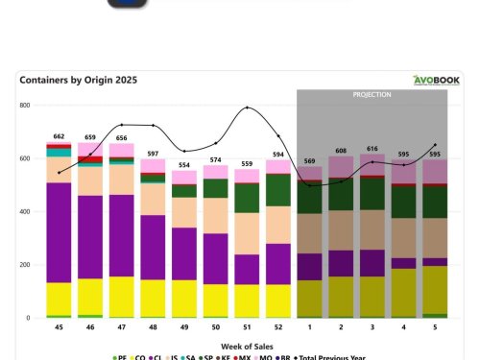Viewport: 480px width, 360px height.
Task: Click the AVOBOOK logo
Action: click(x=437, y=81)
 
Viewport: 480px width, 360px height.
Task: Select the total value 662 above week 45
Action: click(x=59, y=136)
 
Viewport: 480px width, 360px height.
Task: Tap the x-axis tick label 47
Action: click(x=121, y=328)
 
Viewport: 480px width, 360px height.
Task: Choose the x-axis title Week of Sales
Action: click(x=248, y=345)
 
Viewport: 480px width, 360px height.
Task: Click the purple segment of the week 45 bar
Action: click(x=59, y=231)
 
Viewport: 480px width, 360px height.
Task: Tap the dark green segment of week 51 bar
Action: click(x=248, y=197)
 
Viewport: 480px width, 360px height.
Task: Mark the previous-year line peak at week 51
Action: click(x=248, y=108)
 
